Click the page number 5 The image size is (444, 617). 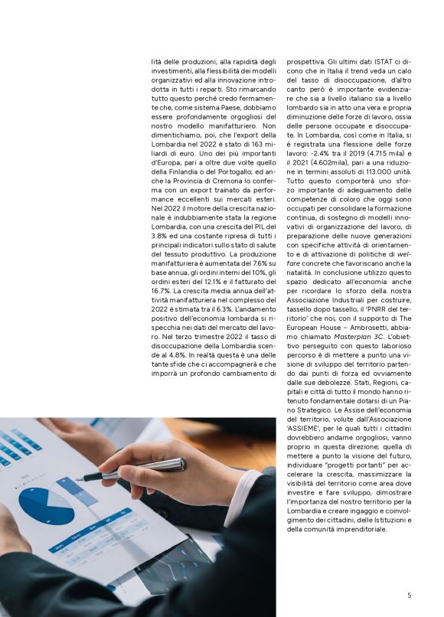coord(409,595)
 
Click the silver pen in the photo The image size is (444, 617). coord(134,469)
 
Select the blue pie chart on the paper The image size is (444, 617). coord(46,505)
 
